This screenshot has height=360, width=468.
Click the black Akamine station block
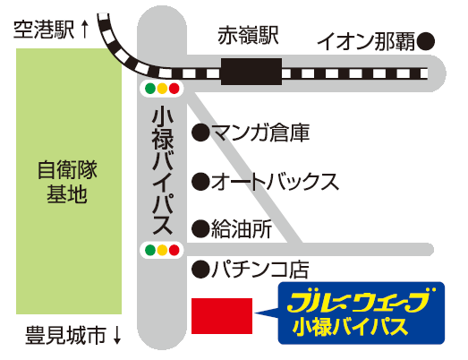tap(251, 72)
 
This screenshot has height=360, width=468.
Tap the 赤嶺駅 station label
tap(249, 36)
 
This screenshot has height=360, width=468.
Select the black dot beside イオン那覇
tap(425, 41)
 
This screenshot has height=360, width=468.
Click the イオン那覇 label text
tap(366, 41)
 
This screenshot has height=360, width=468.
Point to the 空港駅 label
tap(44, 30)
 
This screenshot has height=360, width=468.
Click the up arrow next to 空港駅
tap(85, 29)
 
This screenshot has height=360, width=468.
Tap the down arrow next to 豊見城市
tap(117, 335)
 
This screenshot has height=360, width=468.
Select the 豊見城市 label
tap(66, 335)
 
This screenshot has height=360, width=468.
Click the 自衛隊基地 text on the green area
tap(67, 182)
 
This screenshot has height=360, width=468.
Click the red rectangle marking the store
tap(222, 316)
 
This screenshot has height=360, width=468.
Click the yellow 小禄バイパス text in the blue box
tap(350, 327)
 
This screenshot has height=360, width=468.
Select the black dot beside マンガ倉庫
tap(200, 133)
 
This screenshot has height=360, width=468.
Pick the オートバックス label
tap(276, 182)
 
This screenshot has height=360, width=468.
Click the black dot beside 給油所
tap(200, 229)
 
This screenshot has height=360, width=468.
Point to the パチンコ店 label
tap(260, 269)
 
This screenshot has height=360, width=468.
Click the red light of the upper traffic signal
tap(174, 89)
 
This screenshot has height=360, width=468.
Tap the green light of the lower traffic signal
tap(150, 250)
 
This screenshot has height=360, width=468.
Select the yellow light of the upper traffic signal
tap(162, 89)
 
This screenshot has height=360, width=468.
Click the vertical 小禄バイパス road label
tap(163, 172)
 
